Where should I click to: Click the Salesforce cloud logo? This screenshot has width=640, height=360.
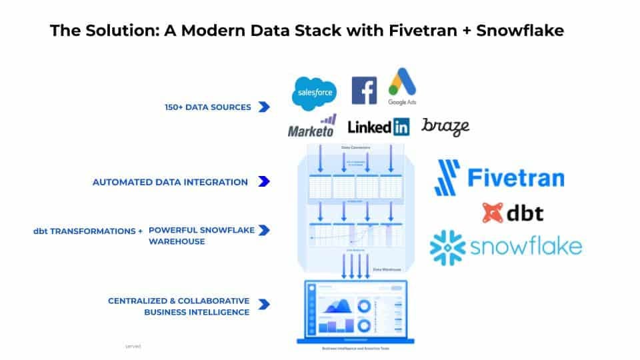[313, 93]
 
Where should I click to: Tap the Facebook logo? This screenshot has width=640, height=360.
[364, 91]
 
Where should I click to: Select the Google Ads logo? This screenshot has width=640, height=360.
[402, 86]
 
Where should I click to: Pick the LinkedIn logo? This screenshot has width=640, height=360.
[379, 127]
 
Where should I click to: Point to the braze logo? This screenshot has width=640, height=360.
[445, 126]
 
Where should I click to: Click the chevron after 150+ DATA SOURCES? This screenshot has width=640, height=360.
[264, 107]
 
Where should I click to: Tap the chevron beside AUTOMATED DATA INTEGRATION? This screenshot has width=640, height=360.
[264, 181]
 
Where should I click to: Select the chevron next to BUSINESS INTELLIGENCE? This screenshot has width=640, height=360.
[264, 305]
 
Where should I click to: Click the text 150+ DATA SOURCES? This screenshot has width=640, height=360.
[208, 107]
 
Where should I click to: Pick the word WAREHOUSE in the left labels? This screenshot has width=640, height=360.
[177, 241]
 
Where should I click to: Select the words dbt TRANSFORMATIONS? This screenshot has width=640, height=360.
[84, 231]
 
